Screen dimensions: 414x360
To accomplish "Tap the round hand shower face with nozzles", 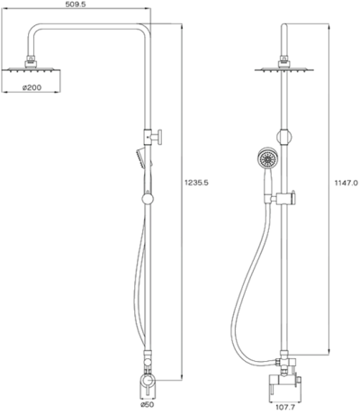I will point(266,162).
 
